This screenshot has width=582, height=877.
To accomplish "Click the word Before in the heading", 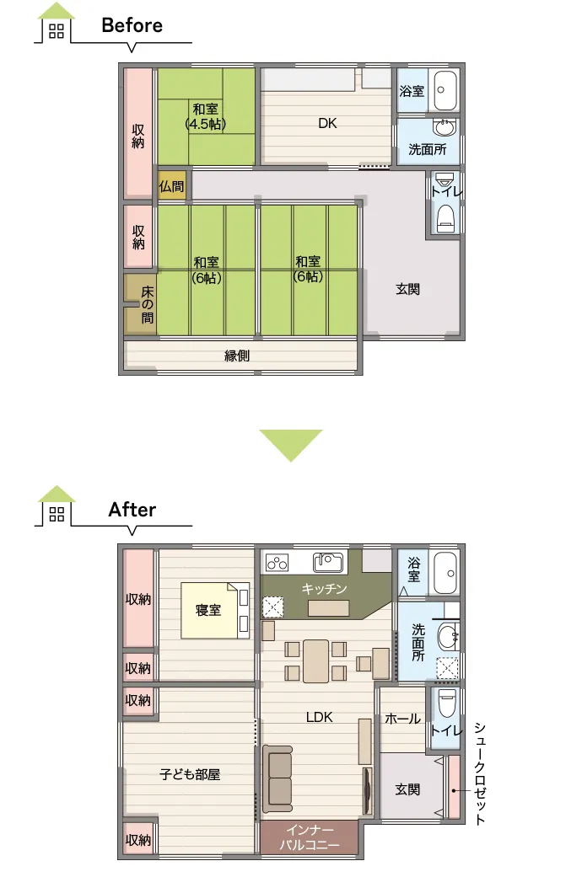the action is tap(132, 25).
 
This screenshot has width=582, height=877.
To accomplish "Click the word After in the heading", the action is tap(132, 510).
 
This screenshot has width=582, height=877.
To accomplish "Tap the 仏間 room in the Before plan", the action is tap(171, 185).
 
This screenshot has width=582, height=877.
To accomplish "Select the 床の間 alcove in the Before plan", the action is tap(141, 304).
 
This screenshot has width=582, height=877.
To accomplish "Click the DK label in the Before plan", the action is tap(327, 123).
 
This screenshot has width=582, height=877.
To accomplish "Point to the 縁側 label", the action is tap(237, 356).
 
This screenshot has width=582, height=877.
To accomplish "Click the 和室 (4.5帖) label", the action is tap(206, 116).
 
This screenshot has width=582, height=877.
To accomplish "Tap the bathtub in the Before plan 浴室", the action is tap(446, 91).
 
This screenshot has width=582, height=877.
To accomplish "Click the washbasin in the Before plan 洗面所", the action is tap(445, 127).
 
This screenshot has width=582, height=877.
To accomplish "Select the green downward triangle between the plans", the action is tap(291, 442).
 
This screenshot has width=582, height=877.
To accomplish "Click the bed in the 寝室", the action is tap(215, 610).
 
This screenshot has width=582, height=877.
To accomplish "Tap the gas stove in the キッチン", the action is tap(277, 562).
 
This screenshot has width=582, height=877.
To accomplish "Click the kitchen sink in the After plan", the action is tap(327, 562).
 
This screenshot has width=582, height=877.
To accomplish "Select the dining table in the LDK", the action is tap(316, 661).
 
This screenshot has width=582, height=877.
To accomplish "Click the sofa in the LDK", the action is tap(278, 778).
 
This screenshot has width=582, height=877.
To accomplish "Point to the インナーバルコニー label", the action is tap(310, 837).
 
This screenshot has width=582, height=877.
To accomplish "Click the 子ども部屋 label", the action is tap(190, 774).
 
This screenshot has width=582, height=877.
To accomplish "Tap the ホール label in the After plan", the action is tap(402, 719).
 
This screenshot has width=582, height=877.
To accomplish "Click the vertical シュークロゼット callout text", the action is tap(480, 773).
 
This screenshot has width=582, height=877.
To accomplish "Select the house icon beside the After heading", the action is tap(56, 505).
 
